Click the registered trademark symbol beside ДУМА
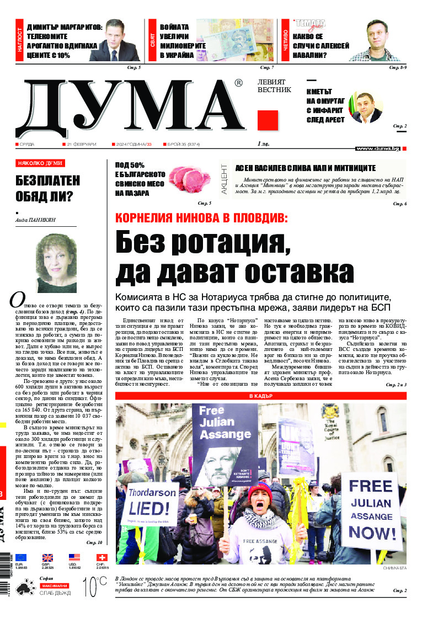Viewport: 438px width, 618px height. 238,83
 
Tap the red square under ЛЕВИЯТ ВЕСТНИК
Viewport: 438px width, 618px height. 268,120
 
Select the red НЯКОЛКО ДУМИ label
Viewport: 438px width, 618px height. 40,163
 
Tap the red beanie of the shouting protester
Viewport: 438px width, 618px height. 259,491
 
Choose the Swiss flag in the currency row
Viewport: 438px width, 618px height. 102,558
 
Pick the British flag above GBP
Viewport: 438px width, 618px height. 47,558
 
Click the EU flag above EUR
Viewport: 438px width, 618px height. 20,558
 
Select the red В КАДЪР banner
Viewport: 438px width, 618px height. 260,396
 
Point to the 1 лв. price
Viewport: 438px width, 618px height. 263,144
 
